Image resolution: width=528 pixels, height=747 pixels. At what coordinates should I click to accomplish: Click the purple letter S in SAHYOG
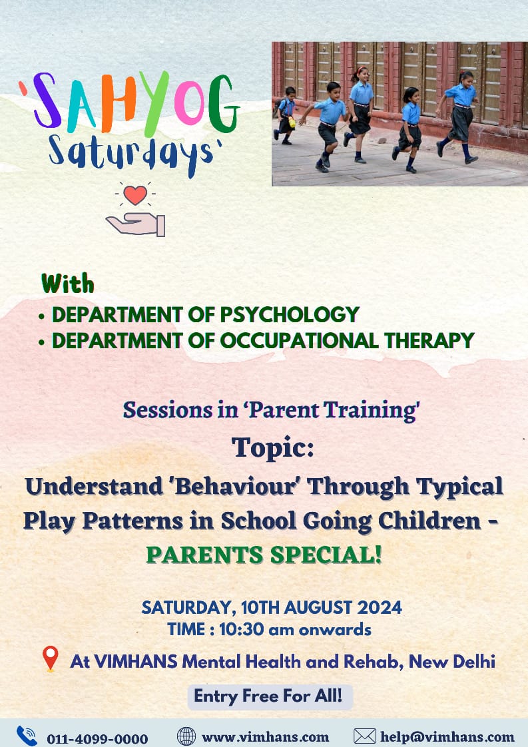coord(46,101)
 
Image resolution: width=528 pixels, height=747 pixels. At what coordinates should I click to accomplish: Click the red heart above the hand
coord(135,194)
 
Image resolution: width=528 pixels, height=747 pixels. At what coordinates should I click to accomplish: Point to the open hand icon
coord(136,224)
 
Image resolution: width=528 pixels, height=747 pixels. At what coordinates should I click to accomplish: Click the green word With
coord(68,284)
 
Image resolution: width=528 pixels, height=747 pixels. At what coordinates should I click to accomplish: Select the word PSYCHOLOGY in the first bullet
coord(289,314)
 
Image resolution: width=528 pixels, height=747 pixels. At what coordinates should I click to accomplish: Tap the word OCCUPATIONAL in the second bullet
coord(299,341)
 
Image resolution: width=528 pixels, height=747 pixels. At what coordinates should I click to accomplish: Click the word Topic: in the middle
coord(272,449)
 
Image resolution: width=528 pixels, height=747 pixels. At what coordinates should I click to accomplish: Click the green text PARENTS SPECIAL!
coord(264,555)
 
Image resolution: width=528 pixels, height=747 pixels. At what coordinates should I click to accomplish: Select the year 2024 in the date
coord(380,607)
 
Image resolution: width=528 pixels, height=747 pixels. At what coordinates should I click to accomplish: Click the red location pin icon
coord(51,658)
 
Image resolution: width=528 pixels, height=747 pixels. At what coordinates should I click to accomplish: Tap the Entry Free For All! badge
coord(270,697)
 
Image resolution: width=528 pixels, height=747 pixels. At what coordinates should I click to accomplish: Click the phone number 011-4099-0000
coord(97,739)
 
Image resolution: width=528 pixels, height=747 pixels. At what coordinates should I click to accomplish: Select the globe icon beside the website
coord(186,736)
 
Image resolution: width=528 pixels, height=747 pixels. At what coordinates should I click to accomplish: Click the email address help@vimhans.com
coord(447,738)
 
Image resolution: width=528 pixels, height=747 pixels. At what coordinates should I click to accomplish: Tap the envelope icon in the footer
coord(365,736)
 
